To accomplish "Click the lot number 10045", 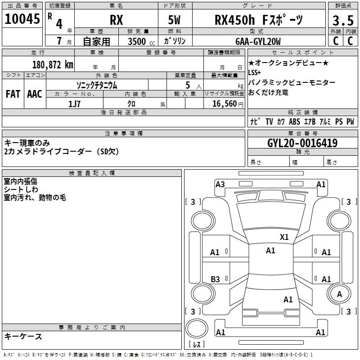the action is point(22,19).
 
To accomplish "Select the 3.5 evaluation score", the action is point(343,20).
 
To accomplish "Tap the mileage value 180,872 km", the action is point(53,65).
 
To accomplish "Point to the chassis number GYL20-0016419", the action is point(302,143).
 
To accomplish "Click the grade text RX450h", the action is point(234,20).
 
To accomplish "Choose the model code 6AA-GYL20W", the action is point(258,41).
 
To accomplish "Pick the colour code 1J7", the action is point(74,104).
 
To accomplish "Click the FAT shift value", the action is point(13,94).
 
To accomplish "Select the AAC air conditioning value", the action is point(35,94).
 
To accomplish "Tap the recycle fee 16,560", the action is point(225,104).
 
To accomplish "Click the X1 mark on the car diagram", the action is point(284,237).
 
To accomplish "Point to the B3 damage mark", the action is point(215,279).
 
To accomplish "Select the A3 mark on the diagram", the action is point(220,184).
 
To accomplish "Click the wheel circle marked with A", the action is point(339,294).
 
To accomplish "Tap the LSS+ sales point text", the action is point(254,72).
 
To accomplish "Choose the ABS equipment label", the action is point(294,121).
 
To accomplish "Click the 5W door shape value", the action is point(174,20).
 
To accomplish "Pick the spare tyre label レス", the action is point(197,344).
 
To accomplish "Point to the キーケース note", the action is point(23,336).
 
